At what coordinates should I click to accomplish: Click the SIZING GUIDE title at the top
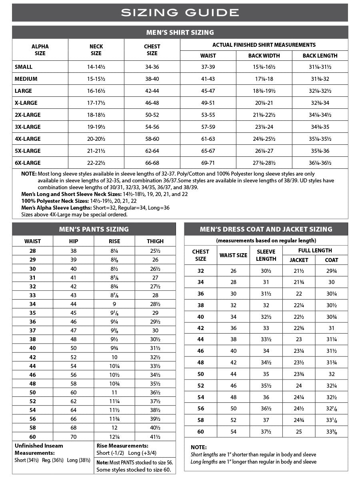click(180, 12)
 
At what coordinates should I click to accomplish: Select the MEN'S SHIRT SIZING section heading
click(180, 32)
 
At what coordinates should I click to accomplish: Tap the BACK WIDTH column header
click(264, 56)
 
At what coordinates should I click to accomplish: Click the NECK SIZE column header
click(96, 50)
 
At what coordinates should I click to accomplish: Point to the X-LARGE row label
click(26, 103)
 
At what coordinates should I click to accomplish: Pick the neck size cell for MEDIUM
click(96, 79)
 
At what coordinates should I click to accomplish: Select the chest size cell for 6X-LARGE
click(152, 163)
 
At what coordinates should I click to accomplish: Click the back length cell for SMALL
click(320, 67)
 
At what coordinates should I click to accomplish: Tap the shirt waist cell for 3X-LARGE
click(208, 127)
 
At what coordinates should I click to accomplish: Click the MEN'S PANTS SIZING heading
click(94, 229)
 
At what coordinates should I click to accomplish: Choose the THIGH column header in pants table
click(155, 241)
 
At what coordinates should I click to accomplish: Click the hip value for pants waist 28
click(74, 251)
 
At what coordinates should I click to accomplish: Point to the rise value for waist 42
click(114, 357)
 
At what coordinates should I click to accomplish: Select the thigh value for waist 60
click(155, 437)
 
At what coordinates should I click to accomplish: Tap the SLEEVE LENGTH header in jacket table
click(266, 255)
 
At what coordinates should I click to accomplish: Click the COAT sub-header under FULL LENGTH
click(331, 260)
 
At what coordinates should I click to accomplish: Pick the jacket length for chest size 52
click(299, 386)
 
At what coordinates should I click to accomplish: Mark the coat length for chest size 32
click(331, 271)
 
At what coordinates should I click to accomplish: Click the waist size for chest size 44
click(233, 339)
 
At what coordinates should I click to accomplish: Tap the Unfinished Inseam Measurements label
click(39, 449)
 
